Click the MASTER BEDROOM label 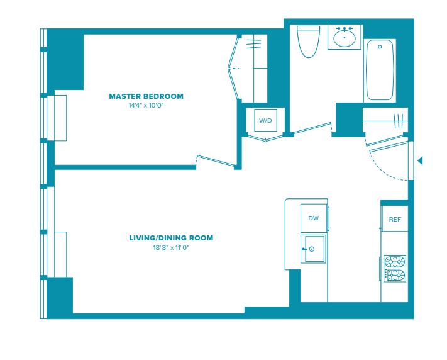click(146, 96)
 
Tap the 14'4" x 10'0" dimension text click(146, 106)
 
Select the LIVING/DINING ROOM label click(171, 238)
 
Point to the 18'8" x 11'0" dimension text click(171, 247)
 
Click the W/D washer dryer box click(265, 120)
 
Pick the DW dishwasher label click(313, 218)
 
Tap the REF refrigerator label click(395, 219)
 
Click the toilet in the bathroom click(308, 42)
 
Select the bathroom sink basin click(345, 38)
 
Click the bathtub click(380, 70)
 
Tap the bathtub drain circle click(380, 47)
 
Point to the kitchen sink click(313, 249)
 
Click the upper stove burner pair click(395, 262)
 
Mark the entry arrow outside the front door click(420, 160)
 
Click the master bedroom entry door click(216, 160)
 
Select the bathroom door click(312, 128)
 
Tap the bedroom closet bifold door click(233, 69)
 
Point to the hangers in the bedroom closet click(254, 44)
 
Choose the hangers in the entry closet click(398, 121)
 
